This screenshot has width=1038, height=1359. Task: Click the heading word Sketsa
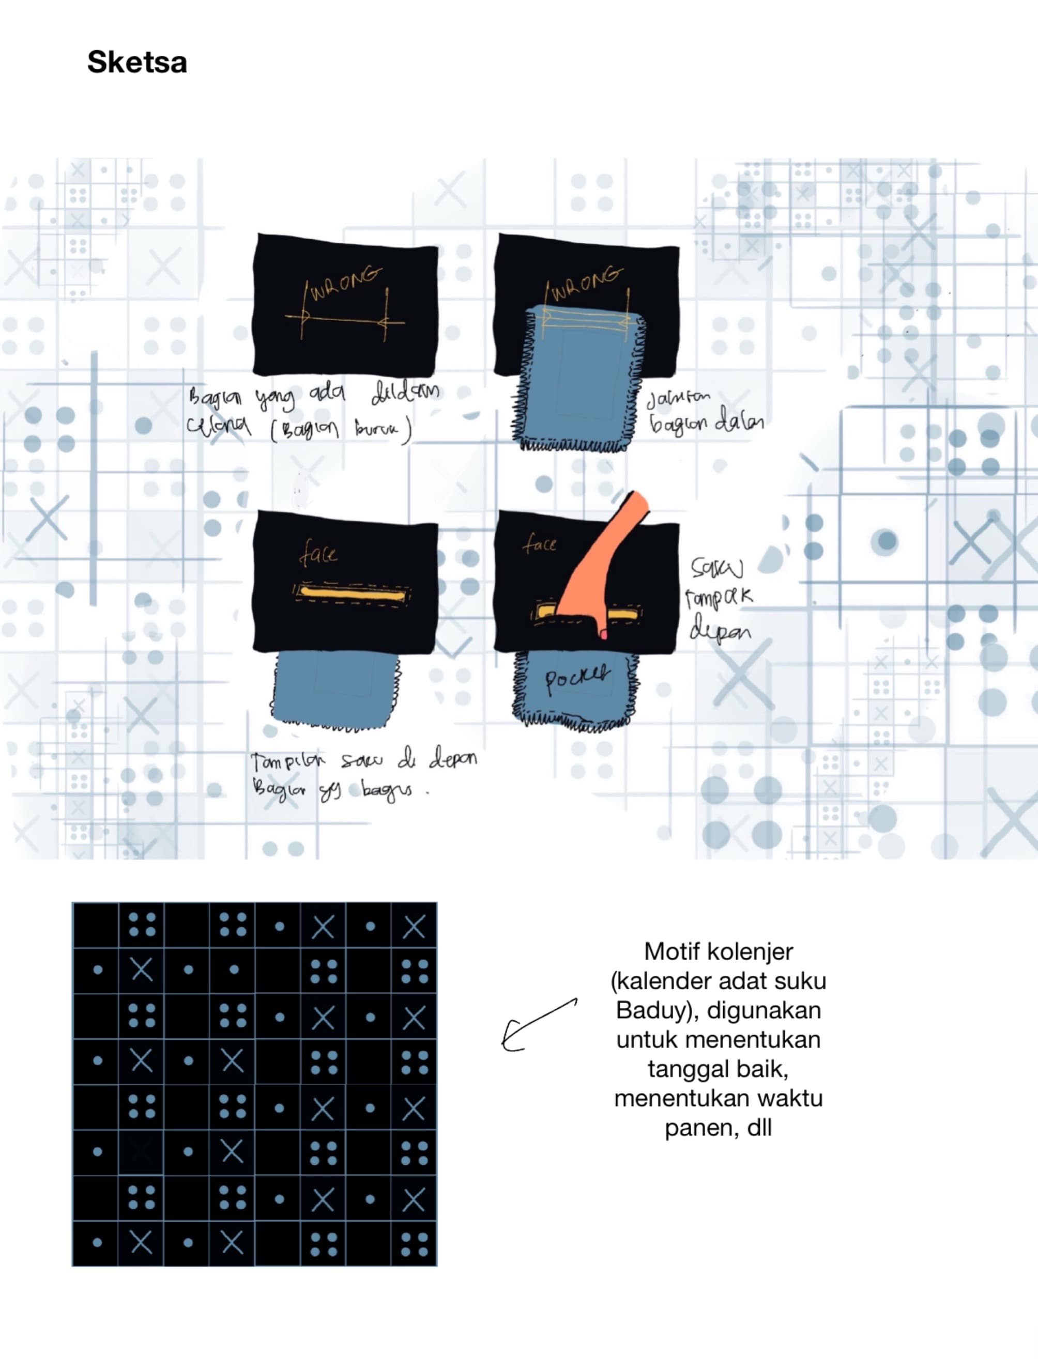[x=136, y=62]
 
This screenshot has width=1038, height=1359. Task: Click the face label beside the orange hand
[x=539, y=544]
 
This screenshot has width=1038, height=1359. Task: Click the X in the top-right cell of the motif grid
[x=414, y=926]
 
